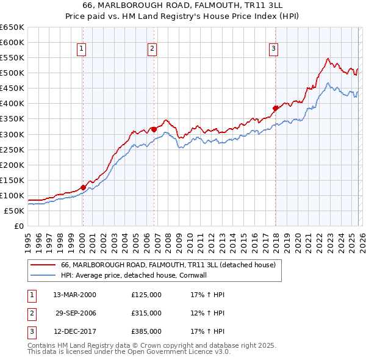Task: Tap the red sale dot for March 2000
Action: pos(83,187)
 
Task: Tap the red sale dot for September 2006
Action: pos(154,129)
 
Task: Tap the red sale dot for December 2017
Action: pos(275,108)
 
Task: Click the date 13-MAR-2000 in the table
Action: pos(74,295)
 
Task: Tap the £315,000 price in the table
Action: pos(146,313)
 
